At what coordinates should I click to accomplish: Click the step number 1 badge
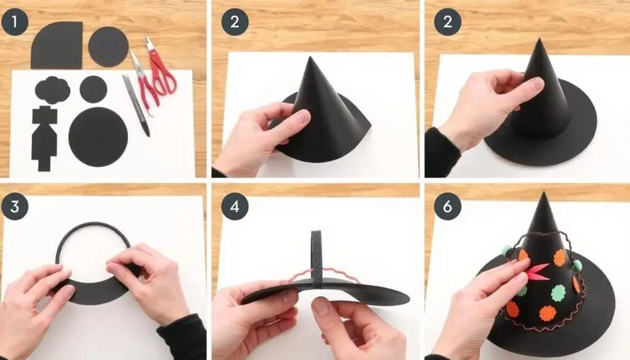tap(15, 22)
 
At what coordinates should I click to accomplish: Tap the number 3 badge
tap(15, 207)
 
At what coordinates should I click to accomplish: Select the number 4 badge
tap(234, 207)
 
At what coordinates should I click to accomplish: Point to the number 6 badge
tap(447, 207)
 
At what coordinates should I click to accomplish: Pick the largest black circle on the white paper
tap(98, 137)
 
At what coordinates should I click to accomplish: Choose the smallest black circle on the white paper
tap(94, 89)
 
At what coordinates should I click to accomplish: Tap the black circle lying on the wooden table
tap(108, 47)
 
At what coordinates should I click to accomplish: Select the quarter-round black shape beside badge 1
tap(57, 46)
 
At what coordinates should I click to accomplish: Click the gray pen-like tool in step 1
tap(136, 105)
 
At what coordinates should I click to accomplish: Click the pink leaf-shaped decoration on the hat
tap(536, 271)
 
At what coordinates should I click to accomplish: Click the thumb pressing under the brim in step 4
tap(321, 306)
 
